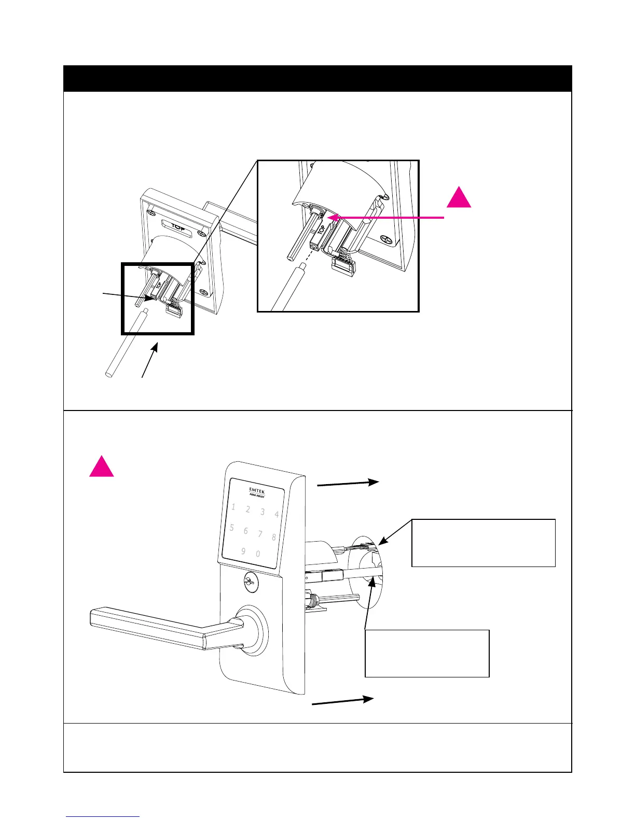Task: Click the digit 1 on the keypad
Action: pos(233,507)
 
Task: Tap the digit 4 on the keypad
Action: pos(277,515)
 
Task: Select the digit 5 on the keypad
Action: pos(232,528)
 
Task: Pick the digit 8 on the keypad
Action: pos(274,537)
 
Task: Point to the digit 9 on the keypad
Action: pos(243,551)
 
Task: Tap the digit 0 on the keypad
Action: pos(258,554)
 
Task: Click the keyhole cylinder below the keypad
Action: pos(249,583)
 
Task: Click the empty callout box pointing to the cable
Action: pos(483,543)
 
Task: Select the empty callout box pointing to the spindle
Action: pos(427,653)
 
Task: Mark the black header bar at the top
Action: pos(317,78)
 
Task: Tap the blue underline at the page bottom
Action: pos(103,817)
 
